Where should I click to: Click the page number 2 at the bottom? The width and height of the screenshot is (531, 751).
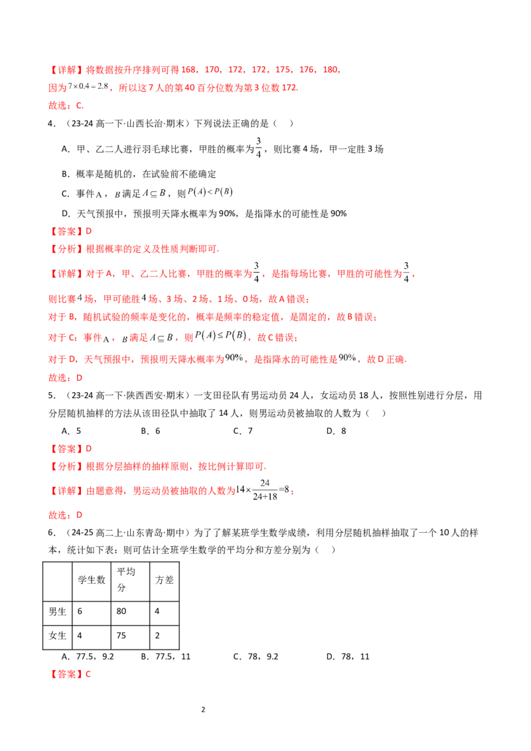[203, 709]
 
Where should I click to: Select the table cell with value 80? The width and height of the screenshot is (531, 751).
[121, 611]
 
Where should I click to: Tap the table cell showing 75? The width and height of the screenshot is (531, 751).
[121, 636]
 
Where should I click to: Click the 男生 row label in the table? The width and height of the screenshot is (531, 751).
[57, 611]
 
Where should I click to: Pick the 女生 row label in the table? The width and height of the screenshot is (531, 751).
[57, 636]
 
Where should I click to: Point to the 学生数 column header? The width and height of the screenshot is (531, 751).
[92, 580]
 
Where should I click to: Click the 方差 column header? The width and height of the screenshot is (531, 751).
[165, 580]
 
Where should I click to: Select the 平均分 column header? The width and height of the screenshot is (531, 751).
[126, 580]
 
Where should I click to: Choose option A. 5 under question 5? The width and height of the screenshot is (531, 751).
[72, 431]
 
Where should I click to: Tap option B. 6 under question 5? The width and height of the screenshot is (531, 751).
[151, 431]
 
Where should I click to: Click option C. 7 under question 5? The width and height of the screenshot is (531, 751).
[243, 431]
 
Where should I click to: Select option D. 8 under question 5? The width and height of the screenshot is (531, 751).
[337, 431]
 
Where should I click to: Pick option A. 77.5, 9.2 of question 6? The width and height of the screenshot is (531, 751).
[88, 657]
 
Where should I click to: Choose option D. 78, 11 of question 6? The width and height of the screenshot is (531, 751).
[348, 657]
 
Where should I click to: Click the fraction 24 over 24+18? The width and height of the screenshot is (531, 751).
[265, 490]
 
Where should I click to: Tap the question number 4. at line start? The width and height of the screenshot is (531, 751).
[52, 123]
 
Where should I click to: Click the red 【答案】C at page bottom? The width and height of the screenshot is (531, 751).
[70, 674]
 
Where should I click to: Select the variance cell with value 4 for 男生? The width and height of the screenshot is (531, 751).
[157, 611]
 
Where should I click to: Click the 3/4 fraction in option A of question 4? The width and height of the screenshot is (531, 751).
[258, 147]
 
